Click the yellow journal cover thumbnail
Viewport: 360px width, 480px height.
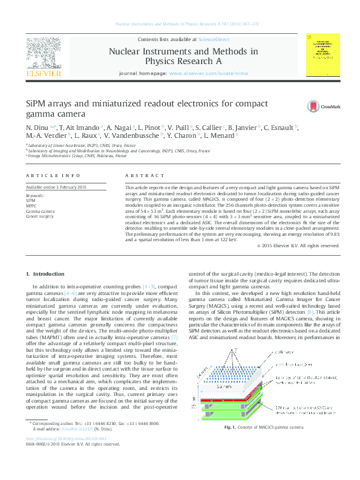tap(323, 56)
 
